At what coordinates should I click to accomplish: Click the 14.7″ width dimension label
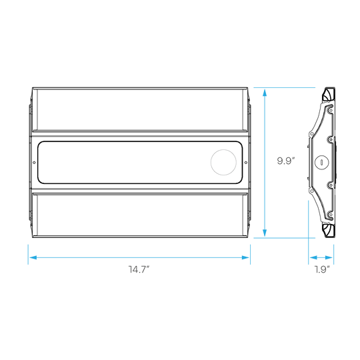139,269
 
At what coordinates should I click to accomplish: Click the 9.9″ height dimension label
285,161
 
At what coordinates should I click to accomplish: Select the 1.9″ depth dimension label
322,269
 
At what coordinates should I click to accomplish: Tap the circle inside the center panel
223,162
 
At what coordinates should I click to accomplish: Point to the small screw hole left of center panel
34,163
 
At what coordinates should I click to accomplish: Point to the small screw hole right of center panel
246,163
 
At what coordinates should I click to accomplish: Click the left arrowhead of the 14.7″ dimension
33,257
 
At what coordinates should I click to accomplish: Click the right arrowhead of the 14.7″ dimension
245,257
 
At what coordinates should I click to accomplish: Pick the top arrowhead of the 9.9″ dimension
265,93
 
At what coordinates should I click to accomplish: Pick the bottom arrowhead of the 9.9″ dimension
265,233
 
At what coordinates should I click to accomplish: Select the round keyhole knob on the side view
321,162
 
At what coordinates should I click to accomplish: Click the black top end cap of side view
328,94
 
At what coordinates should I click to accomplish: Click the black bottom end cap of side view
328,230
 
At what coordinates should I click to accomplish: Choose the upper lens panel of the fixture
140,109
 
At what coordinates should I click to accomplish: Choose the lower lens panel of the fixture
140,215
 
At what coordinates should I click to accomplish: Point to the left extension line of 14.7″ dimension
28,255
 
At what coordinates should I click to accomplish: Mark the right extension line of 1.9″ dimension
333,255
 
